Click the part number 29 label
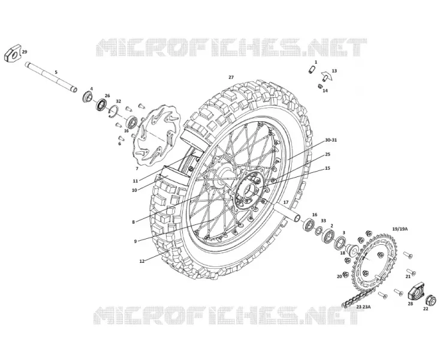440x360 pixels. click(x=25, y=52)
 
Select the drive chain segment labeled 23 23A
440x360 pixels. click(x=357, y=299)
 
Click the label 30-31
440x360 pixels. click(x=331, y=140)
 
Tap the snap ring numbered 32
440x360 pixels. click(x=114, y=112)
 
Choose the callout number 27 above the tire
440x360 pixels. click(x=231, y=77)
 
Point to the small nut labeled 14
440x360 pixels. click(x=320, y=86)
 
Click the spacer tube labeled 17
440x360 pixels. click(x=288, y=212)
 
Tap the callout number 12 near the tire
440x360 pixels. click(x=141, y=261)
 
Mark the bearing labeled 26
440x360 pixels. click(x=101, y=105)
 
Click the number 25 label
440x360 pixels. click(x=327, y=154)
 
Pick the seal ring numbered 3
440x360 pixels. click(x=340, y=242)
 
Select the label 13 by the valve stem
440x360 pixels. click(x=334, y=71)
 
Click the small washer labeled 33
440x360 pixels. click(x=318, y=230)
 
